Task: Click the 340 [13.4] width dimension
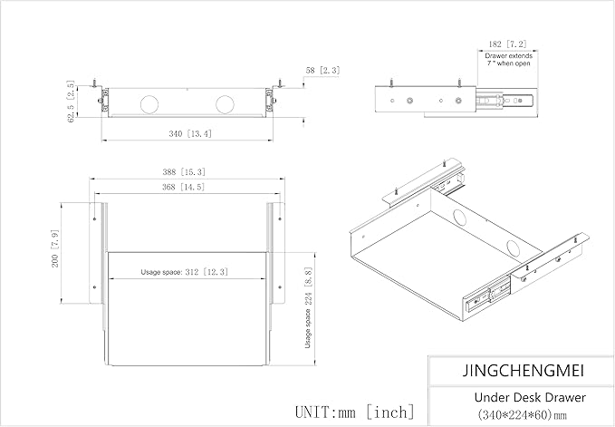[x=190, y=134]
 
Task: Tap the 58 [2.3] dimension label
[x=322, y=70]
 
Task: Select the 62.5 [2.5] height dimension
[x=71, y=102]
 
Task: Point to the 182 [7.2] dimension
[x=507, y=44]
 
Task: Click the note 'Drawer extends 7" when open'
[x=509, y=60]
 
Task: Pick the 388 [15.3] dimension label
[x=184, y=172]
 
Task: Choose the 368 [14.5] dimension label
[x=184, y=187]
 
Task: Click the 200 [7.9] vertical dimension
[x=55, y=248]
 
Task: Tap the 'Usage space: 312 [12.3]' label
[x=185, y=272]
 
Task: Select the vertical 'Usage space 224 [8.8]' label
[x=308, y=307]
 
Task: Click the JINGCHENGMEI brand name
[x=524, y=371]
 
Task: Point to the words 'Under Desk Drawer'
[x=530, y=398]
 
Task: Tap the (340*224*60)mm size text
[x=522, y=414]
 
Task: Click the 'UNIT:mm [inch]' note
[x=354, y=412]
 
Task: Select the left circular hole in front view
[x=149, y=104]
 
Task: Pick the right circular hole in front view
[x=226, y=104]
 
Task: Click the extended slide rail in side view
[x=506, y=101]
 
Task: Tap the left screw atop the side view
[x=391, y=82]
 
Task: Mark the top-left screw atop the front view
[x=94, y=82]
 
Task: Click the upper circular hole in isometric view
[x=460, y=217]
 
